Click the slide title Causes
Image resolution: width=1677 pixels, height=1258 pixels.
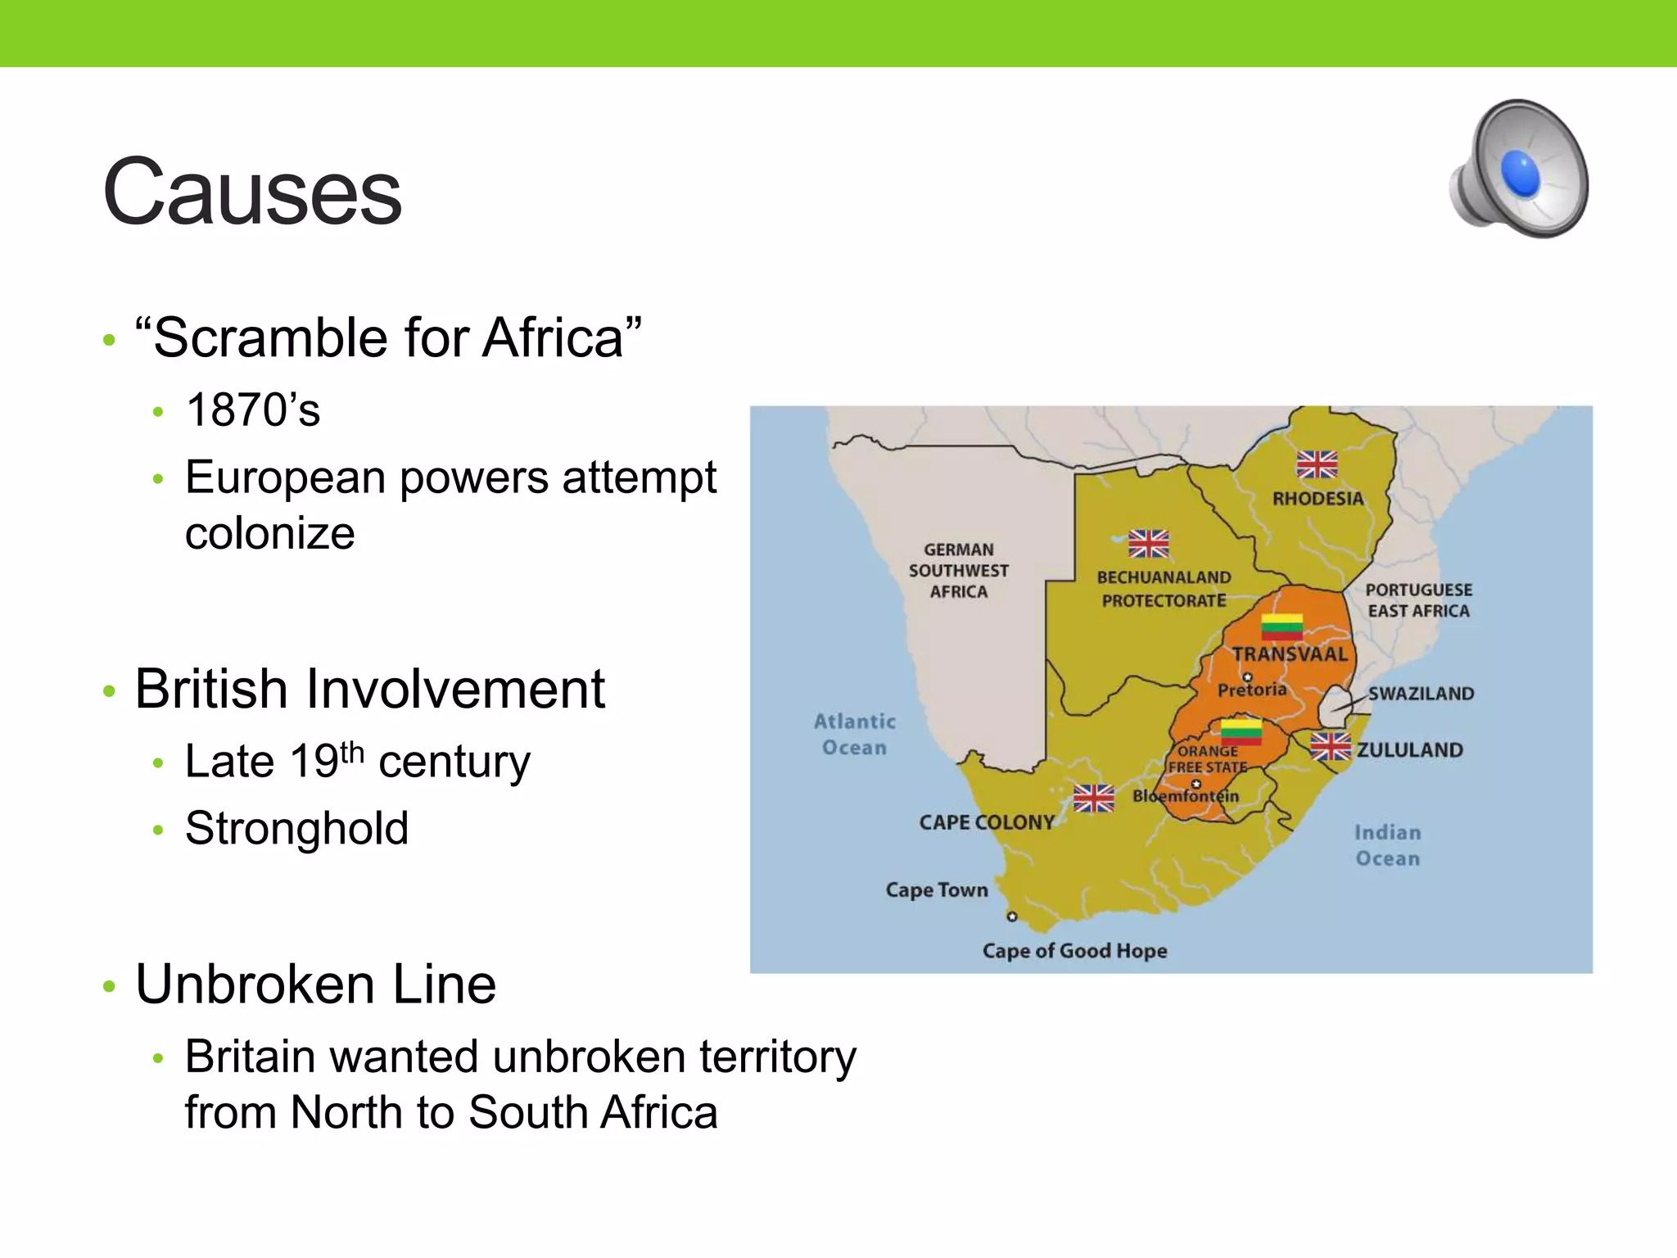coord(252,192)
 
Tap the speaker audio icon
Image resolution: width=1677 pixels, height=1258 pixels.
coord(1520,170)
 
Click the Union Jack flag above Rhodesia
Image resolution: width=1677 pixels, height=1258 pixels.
coord(1317,464)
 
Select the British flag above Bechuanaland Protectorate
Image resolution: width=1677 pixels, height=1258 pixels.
coord(1148,543)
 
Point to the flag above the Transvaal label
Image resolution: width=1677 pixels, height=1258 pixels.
coord(1281,627)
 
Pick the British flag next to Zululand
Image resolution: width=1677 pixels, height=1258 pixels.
coord(1330,747)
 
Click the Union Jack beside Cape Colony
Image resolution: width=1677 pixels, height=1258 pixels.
coord(1094,798)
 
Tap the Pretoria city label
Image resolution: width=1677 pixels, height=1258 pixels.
coord(1252,690)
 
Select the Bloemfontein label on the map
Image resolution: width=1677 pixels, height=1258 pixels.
coord(1186,796)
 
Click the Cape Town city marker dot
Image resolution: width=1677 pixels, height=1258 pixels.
coord(1012,916)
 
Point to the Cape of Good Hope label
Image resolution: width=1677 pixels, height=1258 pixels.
coord(1074,951)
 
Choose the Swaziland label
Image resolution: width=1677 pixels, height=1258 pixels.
coord(1421,694)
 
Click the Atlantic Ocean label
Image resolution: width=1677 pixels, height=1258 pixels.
coord(854,735)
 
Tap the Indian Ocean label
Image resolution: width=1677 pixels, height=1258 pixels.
coord(1387,845)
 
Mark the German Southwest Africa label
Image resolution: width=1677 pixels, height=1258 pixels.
coord(958,571)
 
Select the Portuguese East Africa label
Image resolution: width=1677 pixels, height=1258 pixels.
coord(1418,600)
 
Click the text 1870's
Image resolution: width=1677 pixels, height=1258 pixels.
coord(253,410)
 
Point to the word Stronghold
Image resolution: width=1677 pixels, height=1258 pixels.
coord(296,828)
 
